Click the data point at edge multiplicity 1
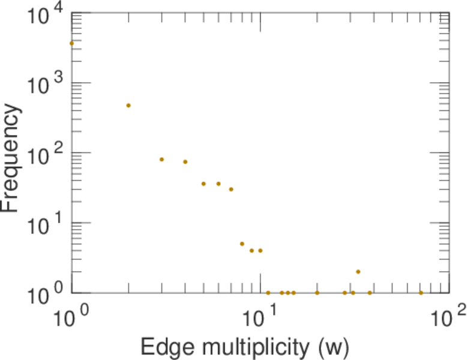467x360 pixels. click(71, 43)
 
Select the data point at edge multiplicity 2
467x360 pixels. click(128, 106)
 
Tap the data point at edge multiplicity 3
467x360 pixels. click(161, 159)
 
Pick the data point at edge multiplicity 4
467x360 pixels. click(185, 161)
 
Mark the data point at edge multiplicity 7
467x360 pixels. click(231, 189)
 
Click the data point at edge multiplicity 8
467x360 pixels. click(242, 244)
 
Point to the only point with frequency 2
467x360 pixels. click(358, 272)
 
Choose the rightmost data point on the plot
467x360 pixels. click(421, 293)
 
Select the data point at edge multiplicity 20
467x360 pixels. click(317, 293)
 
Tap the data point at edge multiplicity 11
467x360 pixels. click(268, 293)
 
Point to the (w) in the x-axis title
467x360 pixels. click(333, 347)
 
